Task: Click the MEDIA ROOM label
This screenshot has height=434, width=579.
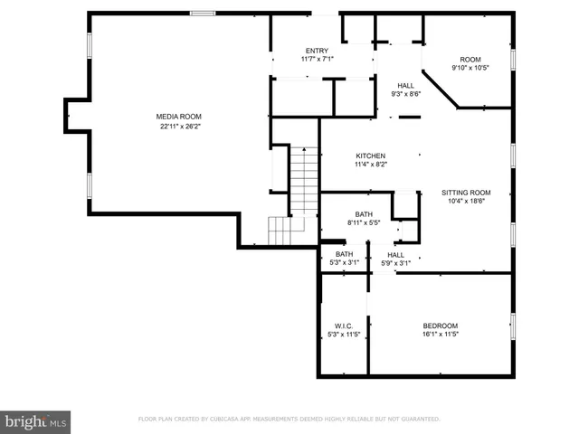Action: (x=178, y=117)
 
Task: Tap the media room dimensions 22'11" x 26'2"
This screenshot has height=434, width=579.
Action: (x=178, y=127)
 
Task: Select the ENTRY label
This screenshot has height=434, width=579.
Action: (x=317, y=51)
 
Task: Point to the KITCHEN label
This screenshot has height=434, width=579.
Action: (x=370, y=156)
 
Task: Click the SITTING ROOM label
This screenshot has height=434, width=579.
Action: (x=465, y=193)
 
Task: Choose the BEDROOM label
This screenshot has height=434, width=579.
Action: (x=441, y=325)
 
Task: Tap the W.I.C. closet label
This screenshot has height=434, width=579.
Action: (x=344, y=325)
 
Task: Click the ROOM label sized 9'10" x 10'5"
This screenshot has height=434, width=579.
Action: (x=470, y=59)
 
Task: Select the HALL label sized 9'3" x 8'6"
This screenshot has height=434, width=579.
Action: (x=405, y=85)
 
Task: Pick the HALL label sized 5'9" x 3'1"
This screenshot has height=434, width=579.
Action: (x=395, y=255)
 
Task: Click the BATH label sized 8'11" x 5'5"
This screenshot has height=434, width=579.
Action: (x=363, y=214)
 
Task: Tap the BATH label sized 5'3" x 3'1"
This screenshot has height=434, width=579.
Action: (x=344, y=255)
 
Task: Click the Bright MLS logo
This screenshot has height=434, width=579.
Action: (x=36, y=421)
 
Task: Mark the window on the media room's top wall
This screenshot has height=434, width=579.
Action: (x=202, y=14)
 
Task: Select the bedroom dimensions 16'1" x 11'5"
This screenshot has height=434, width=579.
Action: (x=441, y=335)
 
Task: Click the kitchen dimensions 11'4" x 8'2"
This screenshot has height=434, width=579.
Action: (x=370, y=165)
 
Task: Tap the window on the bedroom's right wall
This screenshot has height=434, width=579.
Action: (x=513, y=325)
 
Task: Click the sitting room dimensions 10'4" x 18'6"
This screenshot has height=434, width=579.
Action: (x=465, y=202)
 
